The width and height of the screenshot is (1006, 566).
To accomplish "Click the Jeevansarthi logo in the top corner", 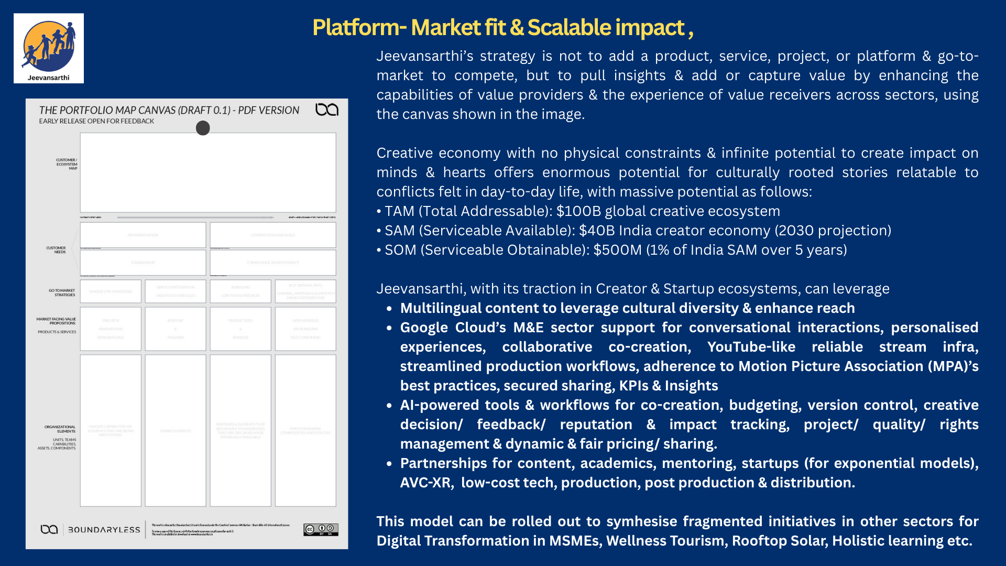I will pyautogui.click(x=49, y=48).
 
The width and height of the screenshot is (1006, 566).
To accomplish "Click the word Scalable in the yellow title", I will pyautogui.click(x=569, y=28).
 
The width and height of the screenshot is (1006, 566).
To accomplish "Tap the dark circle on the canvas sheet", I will pyautogui.click(x=203, y=128).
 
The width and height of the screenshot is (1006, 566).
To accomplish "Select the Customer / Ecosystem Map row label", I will pyautogui.click(x=67, y=164).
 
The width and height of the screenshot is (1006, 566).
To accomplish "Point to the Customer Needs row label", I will pyautogui.click(x=56, y=250).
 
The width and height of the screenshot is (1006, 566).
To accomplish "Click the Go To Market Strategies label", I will pyautogui.click(x=62, y=292).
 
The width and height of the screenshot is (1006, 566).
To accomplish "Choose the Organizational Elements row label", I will pyautogui.click(x=60, y=429).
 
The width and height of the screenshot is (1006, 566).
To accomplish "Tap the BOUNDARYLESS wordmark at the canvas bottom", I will pyautogui.click(x=104, y=530).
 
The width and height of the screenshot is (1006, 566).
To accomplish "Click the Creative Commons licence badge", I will pyautogui.click(x=321, y=529).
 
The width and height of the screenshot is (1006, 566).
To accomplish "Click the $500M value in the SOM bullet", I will pyautogui.click(x=617, y=250).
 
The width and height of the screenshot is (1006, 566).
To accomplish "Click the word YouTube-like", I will pyautogui.click(x=751, y=347).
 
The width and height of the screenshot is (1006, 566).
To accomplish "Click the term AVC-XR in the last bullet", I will pyautogui.click(x=426, y=483).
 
